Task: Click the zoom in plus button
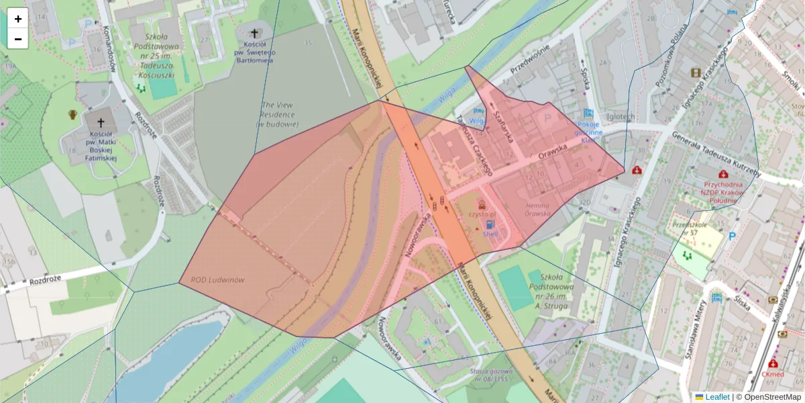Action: [x=18, y=19]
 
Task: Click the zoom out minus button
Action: [x=18, y=39]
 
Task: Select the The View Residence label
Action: [x=278, y=114]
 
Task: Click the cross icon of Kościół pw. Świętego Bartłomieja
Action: [x=255, y=33]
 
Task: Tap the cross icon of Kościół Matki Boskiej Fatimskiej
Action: [x=101, y=123]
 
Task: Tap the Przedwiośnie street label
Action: [x=530, y=58]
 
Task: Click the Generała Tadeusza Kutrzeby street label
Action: [x=714, y=154]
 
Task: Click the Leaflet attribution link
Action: [x=716, y=397]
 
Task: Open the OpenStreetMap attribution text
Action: [x=771, y=397]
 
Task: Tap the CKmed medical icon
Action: [x=773, y=363]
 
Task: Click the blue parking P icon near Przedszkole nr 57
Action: [x=732, y=236]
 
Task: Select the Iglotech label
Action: [x=619, y=116]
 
